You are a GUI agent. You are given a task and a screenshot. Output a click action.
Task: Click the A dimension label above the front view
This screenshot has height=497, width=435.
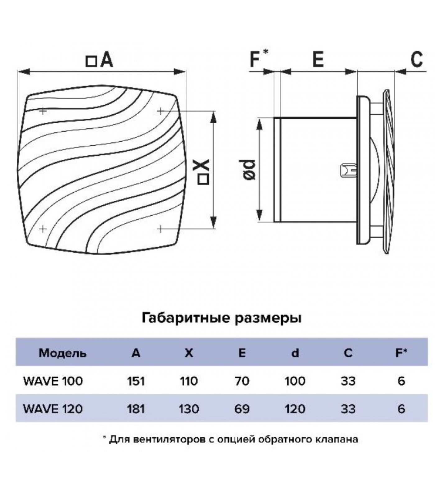100,60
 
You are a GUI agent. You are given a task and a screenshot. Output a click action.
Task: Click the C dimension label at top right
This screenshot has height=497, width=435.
416,59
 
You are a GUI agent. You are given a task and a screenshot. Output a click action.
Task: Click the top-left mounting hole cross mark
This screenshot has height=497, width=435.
43,111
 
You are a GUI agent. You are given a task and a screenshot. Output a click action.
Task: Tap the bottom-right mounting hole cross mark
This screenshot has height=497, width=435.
160,229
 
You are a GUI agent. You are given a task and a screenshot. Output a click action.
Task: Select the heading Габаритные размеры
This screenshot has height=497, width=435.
222,318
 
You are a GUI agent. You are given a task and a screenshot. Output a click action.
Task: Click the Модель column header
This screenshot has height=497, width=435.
62,353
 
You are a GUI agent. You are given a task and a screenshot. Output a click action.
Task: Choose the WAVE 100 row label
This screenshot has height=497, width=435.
53,381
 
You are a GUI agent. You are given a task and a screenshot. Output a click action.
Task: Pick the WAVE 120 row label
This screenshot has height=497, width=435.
53,408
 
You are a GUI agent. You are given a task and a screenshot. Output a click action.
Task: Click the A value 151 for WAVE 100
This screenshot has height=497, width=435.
136,381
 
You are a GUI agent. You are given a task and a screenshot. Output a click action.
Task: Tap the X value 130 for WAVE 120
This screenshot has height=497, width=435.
189,408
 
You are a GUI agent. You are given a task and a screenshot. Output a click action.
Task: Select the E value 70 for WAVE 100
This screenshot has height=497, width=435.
242,381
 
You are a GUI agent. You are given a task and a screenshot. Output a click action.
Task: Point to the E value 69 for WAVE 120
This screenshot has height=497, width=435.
242,408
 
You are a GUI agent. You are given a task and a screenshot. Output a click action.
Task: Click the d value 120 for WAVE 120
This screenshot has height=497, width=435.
295,408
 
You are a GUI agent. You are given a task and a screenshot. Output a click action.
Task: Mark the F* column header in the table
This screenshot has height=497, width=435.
401,353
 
